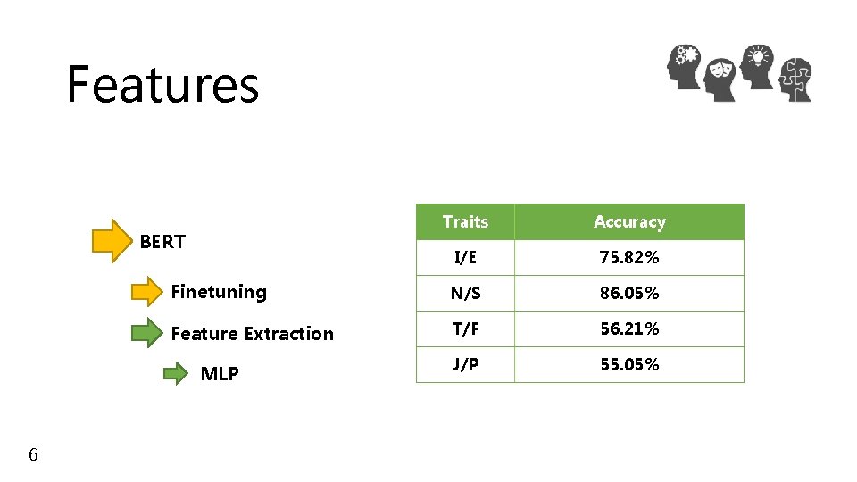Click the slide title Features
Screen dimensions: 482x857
point(162,85)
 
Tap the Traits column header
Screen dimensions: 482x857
point(465,221)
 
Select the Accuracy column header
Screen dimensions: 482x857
point(629,221)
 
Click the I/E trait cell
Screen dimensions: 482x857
point(465,257)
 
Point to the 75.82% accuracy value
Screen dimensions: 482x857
point(629,257)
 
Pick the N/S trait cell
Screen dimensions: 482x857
point(465,293)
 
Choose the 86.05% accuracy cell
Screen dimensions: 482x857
point(629,293)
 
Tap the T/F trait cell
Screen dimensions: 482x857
point(465,328)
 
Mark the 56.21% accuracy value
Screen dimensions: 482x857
point(629,328)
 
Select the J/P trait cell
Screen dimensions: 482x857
point(465,364)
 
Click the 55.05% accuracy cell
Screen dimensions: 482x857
point(629,364)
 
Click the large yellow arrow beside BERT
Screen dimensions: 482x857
point(112,241)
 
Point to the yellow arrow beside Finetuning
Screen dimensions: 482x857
point(147,292)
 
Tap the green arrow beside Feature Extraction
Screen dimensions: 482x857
point(147,334)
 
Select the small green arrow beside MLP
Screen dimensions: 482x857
point(176,373)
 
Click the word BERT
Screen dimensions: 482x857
point(162,241)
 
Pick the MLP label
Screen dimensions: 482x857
point(220,374)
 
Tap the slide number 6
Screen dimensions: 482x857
point(33,455)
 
